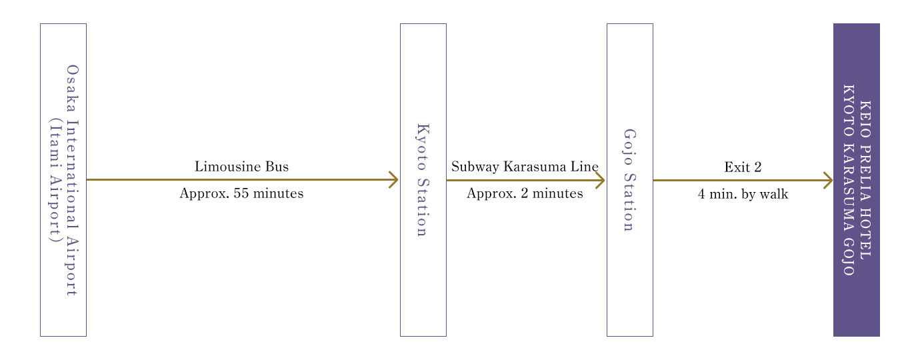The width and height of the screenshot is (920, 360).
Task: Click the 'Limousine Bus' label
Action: pyautogui.click(x=241, y=166)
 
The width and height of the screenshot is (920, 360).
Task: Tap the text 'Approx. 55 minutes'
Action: pyautogui.click(x=241, y=193)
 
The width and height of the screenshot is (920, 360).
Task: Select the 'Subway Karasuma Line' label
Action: pyautogui.click(x=525, y=166)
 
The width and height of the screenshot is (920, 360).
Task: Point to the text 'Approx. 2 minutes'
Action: pyautogui.click(x=525, y=193)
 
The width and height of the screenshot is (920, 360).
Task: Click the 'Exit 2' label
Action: pyautogui.click(x=743, y=167)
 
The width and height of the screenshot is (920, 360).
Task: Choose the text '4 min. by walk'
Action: pyautogui.click(x=743, y=194)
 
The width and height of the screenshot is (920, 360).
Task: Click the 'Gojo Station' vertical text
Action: pyautogui.click(x=629, y=180)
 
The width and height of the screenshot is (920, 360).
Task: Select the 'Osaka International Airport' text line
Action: pyautogui.click(x=72, y=180)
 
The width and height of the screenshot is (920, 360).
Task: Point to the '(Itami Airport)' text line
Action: pyautogui.click(x=55, y=180)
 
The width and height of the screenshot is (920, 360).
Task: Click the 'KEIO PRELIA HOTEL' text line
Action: pyautogui.click(x=865, y=180)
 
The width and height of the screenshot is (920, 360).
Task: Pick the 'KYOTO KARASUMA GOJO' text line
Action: pyautogui.click(x=849, y=180)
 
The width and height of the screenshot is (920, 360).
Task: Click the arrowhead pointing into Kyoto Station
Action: pyautogui.click(x=394, y=180)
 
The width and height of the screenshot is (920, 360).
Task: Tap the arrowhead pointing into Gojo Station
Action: pyautogui.click(x=601, y=180)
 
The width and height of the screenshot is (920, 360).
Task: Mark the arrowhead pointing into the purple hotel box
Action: pyautogui.click(x=829, y=180)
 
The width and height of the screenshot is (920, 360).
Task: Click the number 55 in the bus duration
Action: pyautogui.click(x=241, y=193)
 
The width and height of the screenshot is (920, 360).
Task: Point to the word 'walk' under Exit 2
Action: pyautogui.click(x=774, y=194)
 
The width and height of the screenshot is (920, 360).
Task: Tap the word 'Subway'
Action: pyautogui.click(x=475, y=167)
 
